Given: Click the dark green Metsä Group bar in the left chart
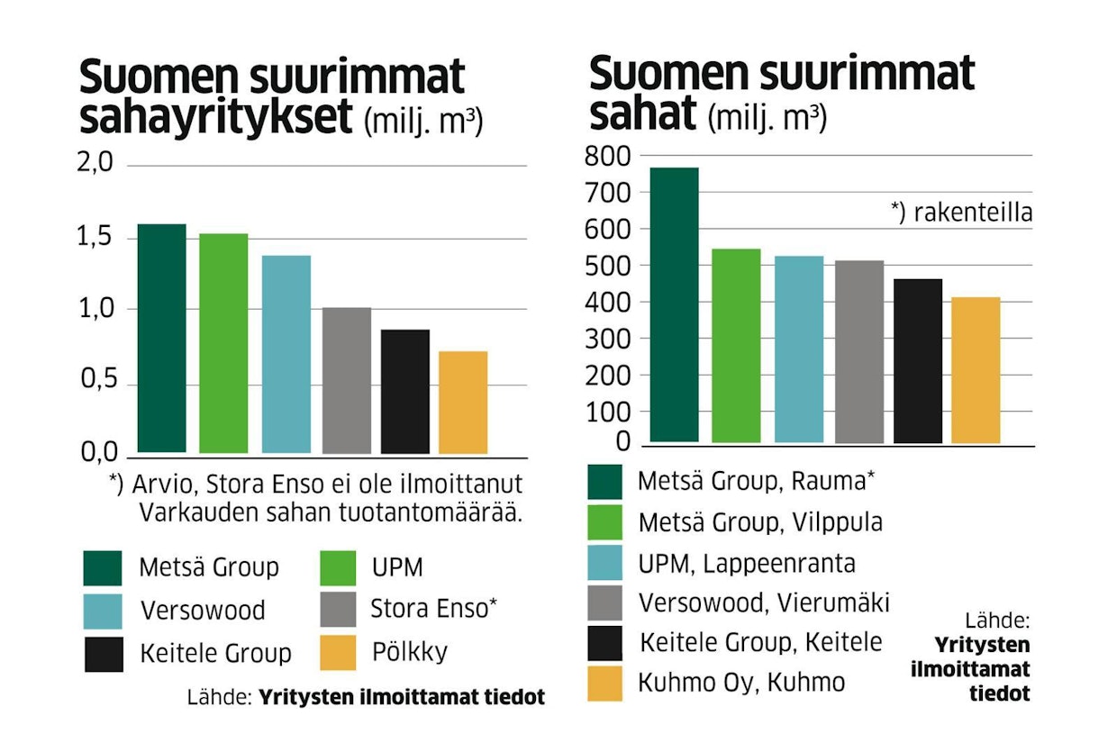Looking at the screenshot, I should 161,338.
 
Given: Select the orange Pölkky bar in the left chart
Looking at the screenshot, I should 464,402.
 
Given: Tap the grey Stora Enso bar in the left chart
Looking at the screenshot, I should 346,380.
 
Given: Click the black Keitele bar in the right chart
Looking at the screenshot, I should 918,360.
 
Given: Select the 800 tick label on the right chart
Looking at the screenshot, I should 610,156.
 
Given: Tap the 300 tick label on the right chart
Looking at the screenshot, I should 610,339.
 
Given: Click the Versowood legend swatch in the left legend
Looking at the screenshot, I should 103,610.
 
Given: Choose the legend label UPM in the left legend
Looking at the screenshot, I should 396,567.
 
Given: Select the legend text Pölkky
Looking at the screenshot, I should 410,652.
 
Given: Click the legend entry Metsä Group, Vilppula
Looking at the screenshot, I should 759,522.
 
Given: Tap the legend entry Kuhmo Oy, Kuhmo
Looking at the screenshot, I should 741,683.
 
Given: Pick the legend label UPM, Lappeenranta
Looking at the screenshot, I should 746,563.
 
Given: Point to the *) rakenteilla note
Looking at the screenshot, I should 961,213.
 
